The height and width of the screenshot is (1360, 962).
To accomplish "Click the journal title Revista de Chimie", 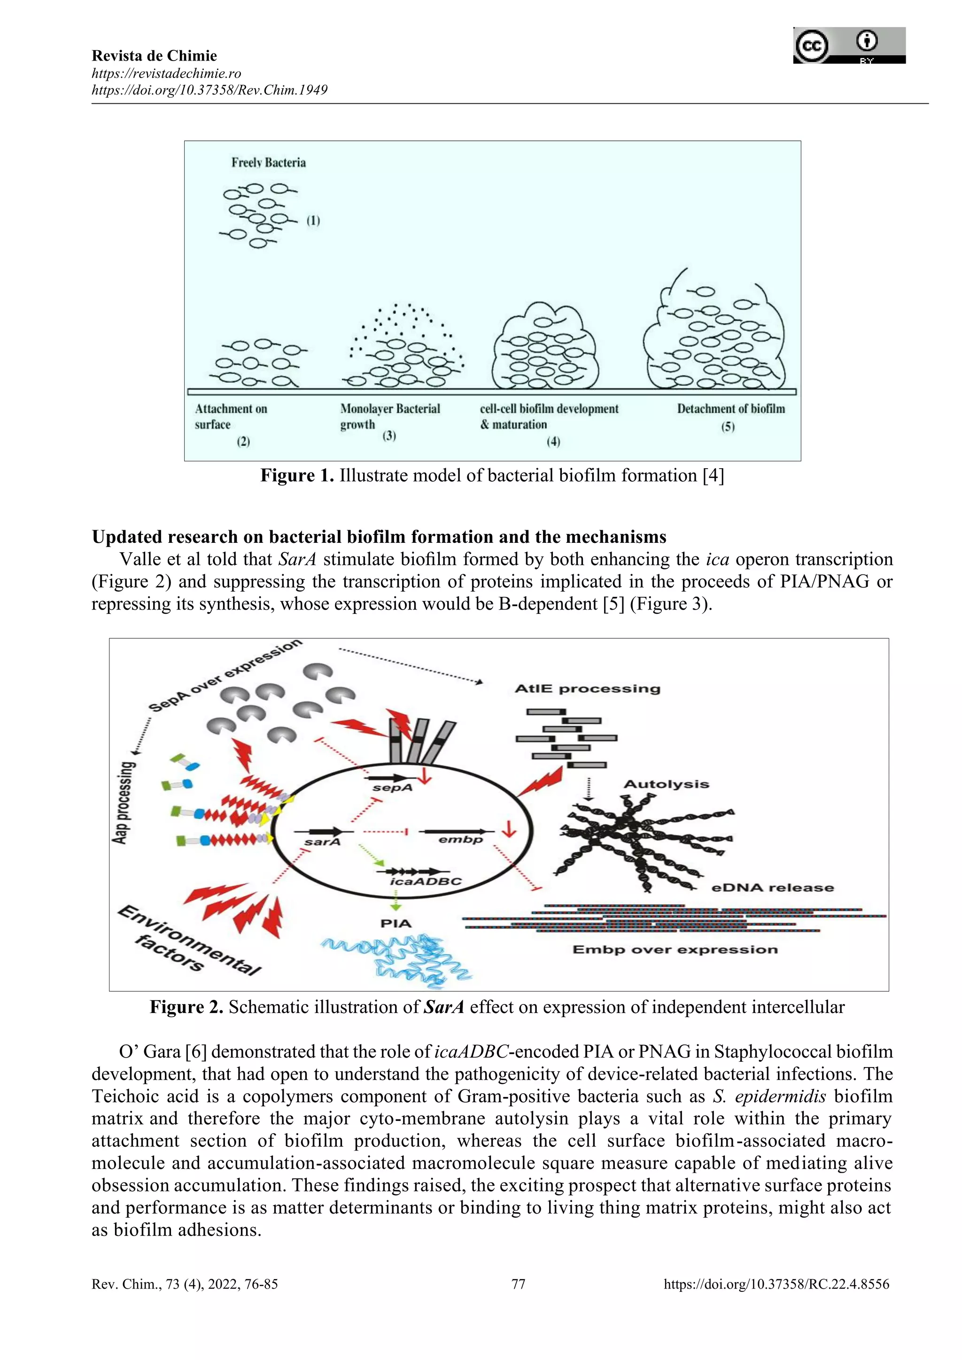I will pyautogui.click(x=154, y=56).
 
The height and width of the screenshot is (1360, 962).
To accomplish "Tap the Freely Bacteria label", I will pyautogui.click(x=268, y=163).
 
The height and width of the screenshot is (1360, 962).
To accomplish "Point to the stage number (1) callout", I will pyautogui.click(x=313, y=221).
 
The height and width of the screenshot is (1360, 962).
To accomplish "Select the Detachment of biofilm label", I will pyautogui.click(x=730, y=409).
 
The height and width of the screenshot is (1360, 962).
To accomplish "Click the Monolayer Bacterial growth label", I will pyautogui.click(x=389, y=417).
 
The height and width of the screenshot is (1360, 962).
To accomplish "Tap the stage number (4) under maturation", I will pyautogui.click(x=553, y=441).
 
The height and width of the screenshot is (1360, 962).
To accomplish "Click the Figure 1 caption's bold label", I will pyautogui.click(x=297, y=476).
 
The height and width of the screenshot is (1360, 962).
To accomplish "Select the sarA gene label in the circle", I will pyautogui.click(x=322, y=842).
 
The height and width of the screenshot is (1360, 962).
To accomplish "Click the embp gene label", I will pyautogui.click(x=460, y=839).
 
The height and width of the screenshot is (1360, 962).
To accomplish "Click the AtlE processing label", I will pyautogui.click(x=587, y=689).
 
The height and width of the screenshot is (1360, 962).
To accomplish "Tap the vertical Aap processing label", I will pyautogui.click(x=123, y=802).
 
